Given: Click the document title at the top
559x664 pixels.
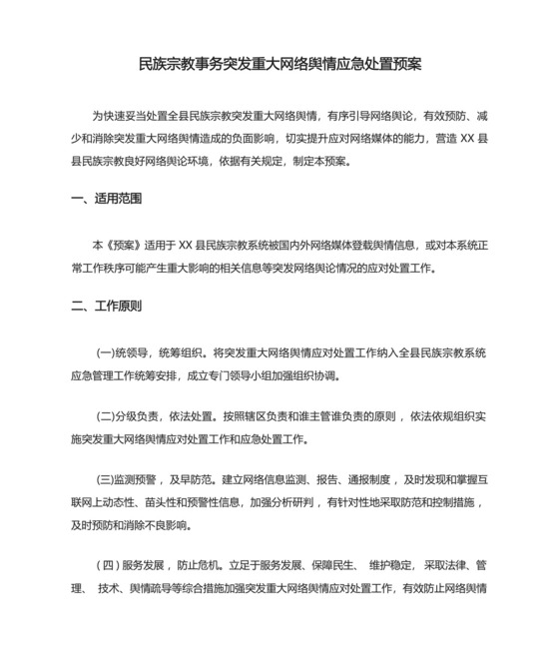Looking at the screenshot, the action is [279, 64].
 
